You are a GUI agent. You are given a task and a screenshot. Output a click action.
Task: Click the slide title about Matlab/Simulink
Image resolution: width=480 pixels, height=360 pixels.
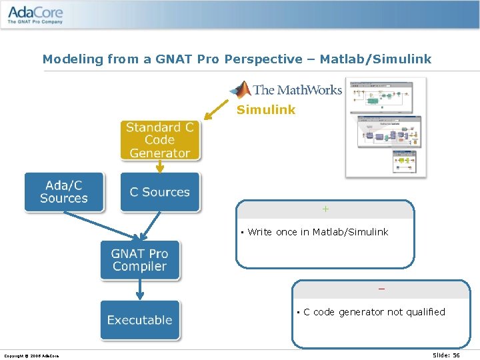(237, 59)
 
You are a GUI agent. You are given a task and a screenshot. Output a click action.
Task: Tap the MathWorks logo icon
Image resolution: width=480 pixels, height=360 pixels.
(240, 89)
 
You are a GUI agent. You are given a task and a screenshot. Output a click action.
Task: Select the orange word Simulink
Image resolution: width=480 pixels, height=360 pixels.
(266, 110)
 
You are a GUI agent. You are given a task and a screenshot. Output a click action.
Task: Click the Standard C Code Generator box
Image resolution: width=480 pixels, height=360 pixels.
(160, 140)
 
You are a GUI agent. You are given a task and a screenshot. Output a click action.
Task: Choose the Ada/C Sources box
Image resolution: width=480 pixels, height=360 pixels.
(64, 192)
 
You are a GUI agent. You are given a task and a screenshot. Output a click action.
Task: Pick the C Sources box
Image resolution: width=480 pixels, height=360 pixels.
(160, 192)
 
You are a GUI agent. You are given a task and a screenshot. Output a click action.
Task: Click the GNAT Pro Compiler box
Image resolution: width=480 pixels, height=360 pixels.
(139, 260)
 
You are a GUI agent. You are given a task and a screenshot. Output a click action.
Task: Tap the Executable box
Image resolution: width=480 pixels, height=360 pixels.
(139, 320)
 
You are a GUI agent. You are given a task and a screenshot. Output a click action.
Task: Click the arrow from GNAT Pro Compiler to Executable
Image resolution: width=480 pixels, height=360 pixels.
(139, 289)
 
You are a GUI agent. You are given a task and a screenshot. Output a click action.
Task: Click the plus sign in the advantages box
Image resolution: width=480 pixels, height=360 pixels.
(325, 209)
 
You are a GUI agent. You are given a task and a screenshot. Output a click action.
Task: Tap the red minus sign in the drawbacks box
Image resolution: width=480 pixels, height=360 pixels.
(381, 289)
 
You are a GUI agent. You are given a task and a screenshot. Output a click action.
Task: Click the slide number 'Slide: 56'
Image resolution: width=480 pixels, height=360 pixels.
(446, 355)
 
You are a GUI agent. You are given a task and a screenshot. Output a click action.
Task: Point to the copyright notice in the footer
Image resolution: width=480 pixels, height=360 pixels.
(31, 356)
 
